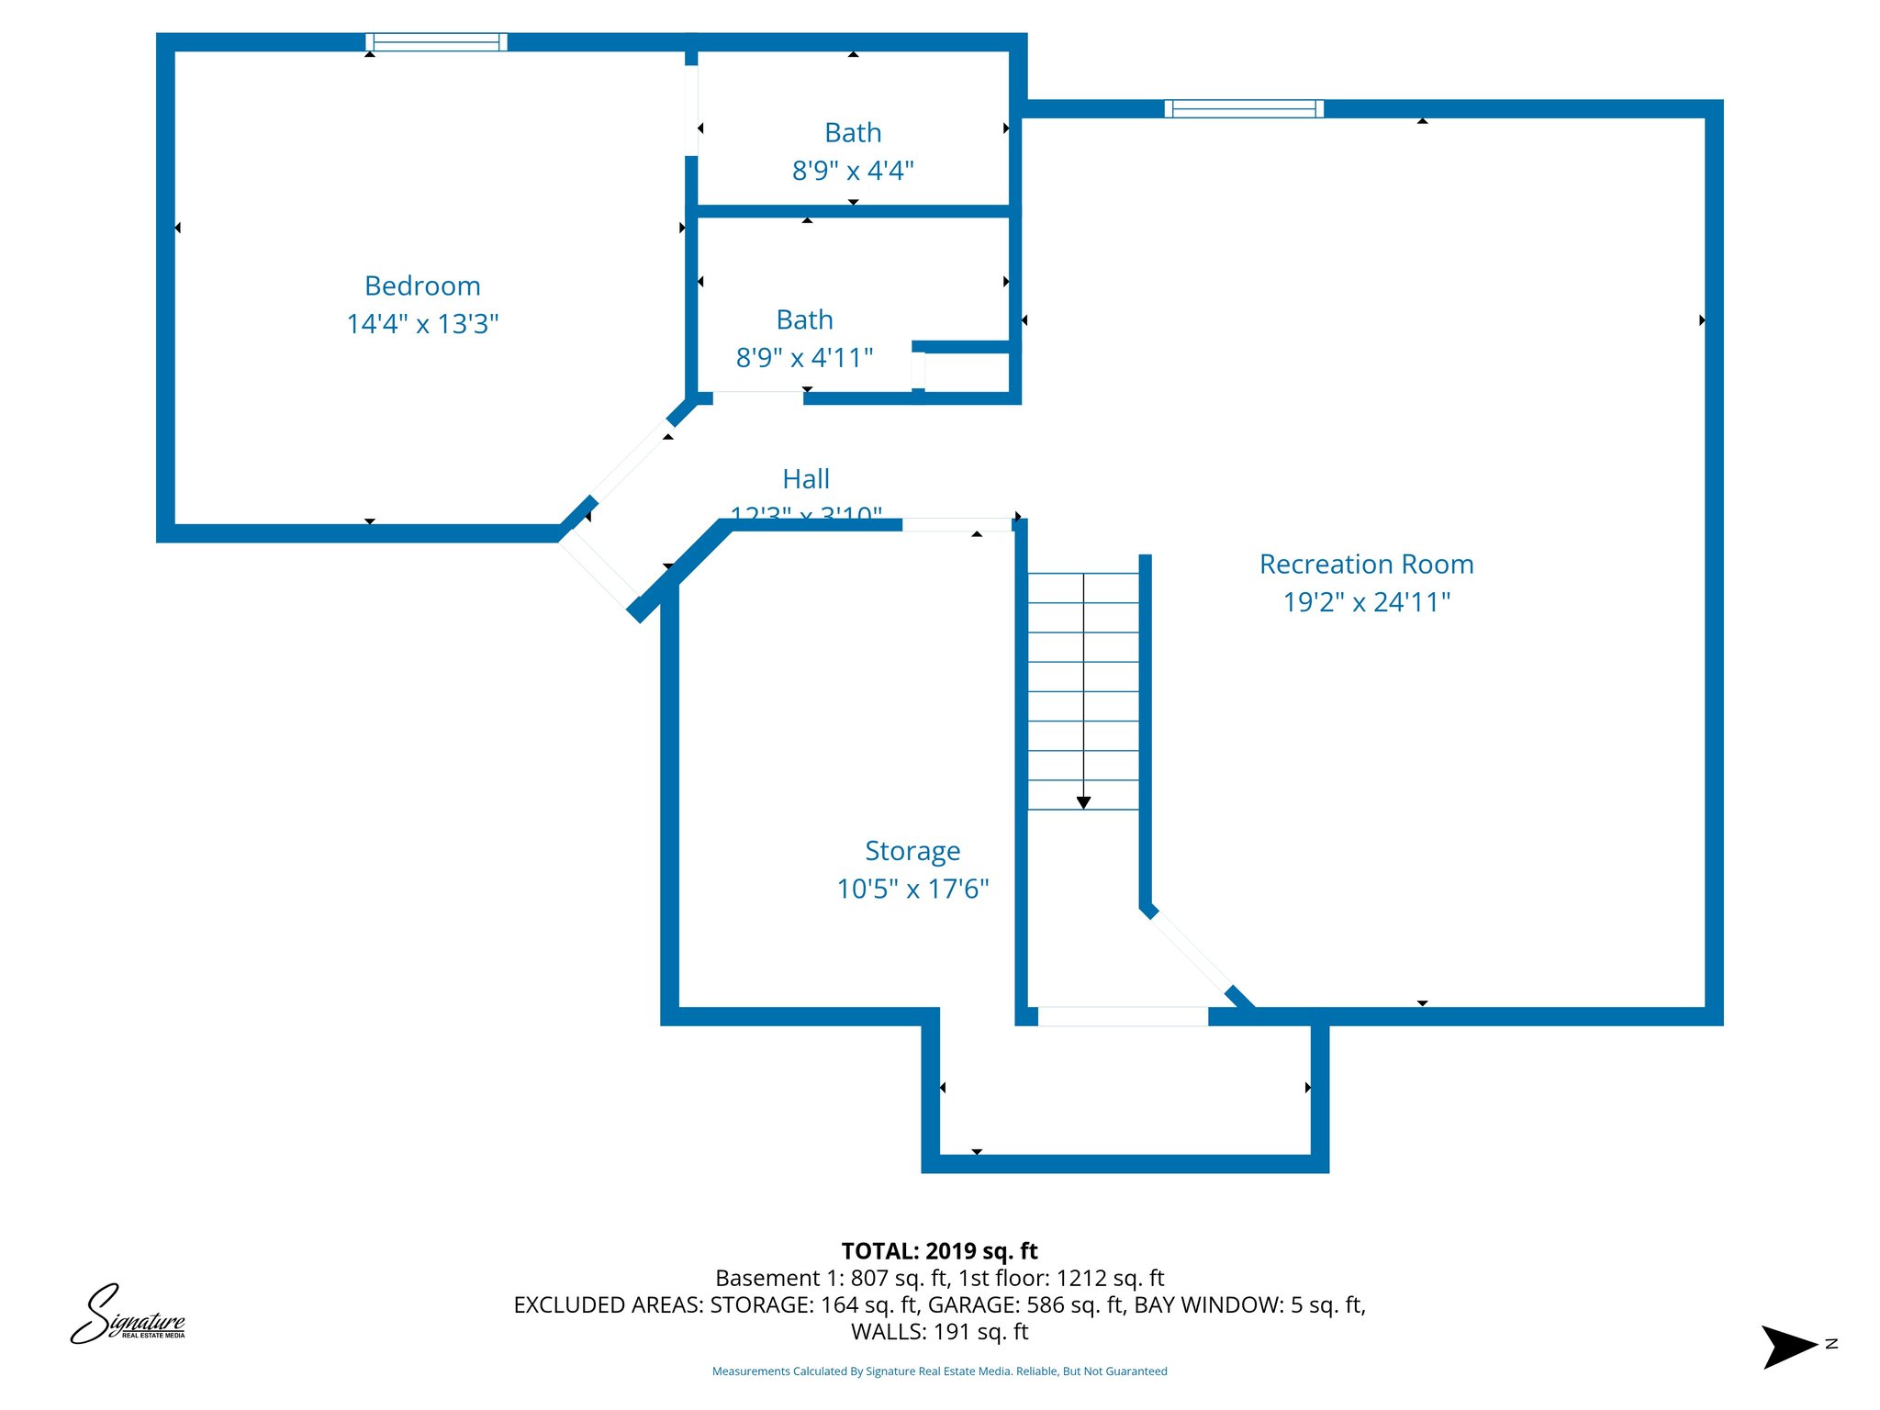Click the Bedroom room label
[422, 285]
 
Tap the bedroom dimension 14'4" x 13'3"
[422, 324]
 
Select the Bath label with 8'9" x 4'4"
[853, 133]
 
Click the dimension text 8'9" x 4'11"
[804, 357]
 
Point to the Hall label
[806, 478]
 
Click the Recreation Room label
[1366, 564]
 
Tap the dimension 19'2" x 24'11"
[1366, 602]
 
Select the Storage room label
[912, 851]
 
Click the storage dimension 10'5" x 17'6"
[912, 889]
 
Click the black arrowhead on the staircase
[1083, 802]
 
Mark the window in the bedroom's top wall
[436, 42]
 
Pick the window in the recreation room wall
[1244, 109]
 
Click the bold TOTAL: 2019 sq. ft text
[939, 1251]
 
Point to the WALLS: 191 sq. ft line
[939, 1331]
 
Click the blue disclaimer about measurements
[939, 1371]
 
